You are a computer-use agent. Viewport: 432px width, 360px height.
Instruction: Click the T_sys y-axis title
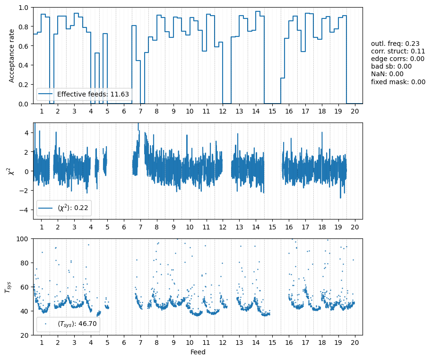pyautogui.click(x=8, y=287)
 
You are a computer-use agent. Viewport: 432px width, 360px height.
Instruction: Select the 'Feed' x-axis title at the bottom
pyautogui.click(x=198, y=352)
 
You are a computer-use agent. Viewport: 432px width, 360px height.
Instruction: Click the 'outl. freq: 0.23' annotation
pyautogui.click(x=395, y=44)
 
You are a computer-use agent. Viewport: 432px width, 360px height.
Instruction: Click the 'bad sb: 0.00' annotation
pyautogui.click(x=391, y=66)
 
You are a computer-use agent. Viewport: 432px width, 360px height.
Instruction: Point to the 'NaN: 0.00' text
pyautogui.click(x=387, y=74)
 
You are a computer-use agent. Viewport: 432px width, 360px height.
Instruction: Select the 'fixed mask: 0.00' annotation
pyautogui.click(x=398, y=81)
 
